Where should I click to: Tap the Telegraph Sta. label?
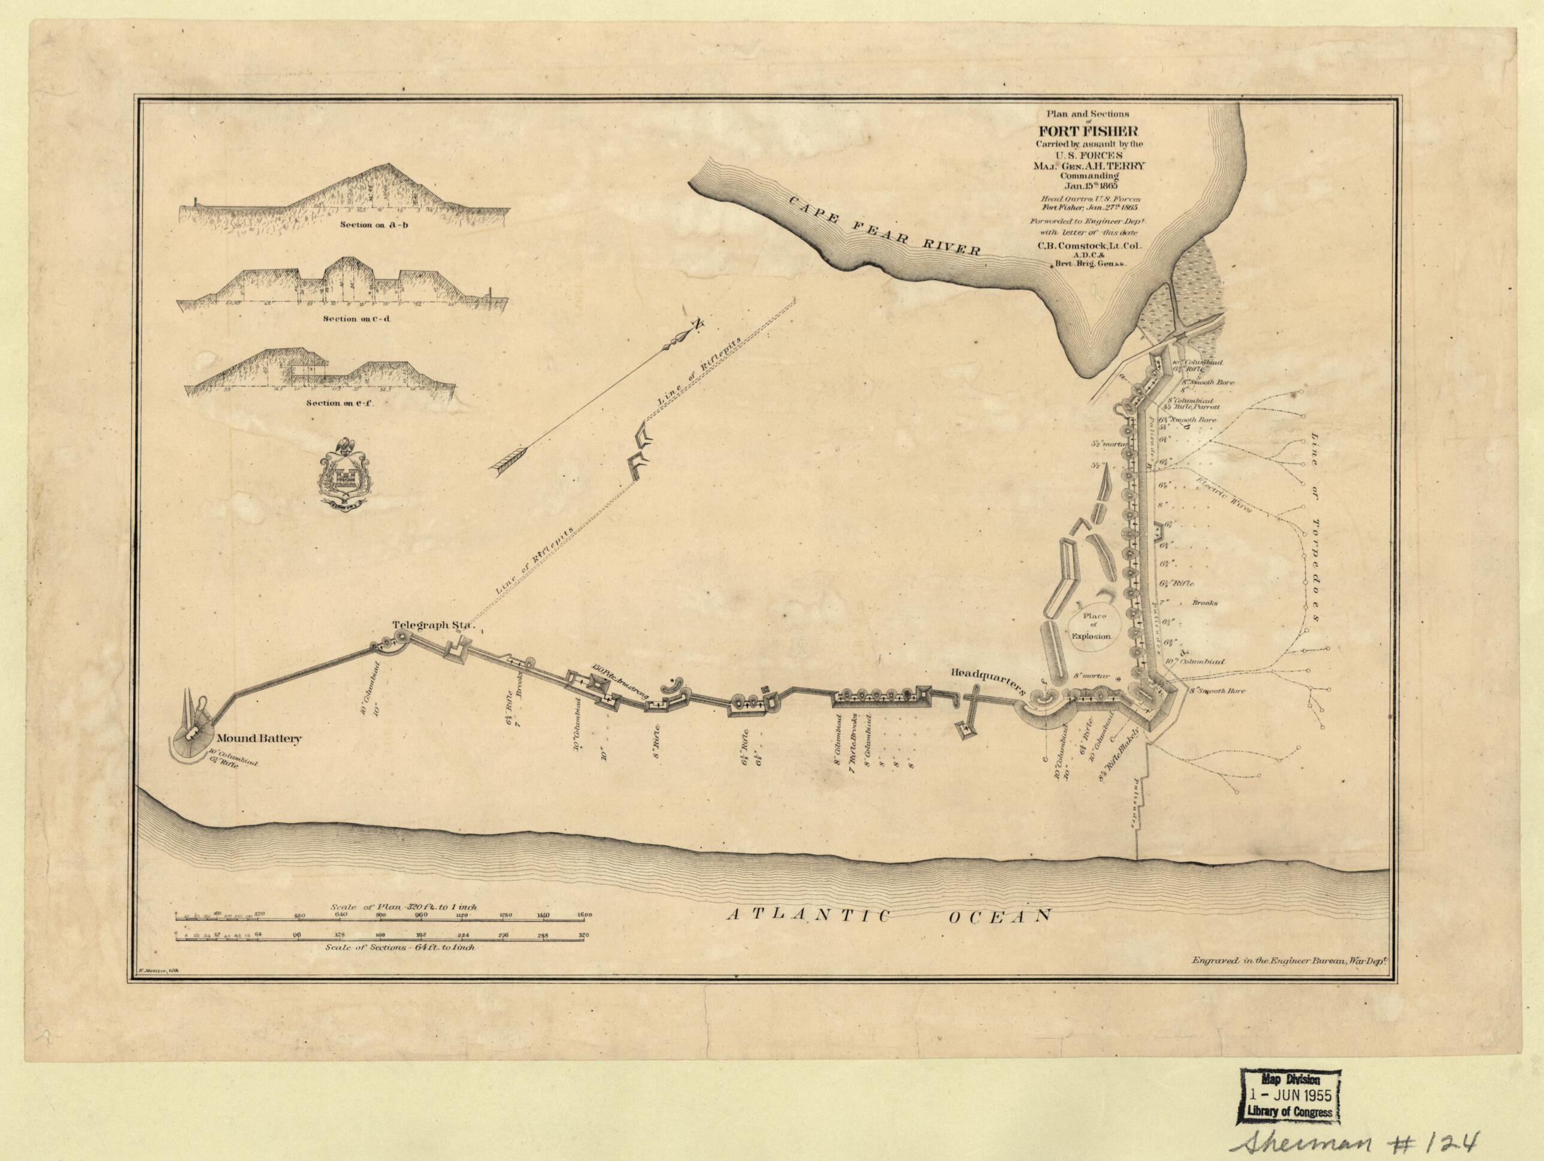point(433,625)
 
